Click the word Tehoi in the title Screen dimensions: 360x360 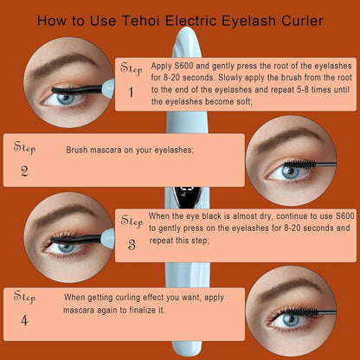pos(140,21)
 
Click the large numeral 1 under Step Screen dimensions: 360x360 pos(131,93)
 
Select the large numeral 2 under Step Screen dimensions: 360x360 pos(24,171)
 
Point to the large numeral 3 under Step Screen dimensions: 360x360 pos(132,245)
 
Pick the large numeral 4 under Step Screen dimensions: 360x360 pos(24,320)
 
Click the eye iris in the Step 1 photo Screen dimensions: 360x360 pos(66,99)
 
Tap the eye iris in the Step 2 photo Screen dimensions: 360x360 pos(290,172)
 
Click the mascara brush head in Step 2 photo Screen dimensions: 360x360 pos(300,164)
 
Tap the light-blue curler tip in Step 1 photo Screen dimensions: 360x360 pos(107,88)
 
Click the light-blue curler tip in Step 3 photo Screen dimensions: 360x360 pos(108,238)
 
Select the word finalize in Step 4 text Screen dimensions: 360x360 pos(141,311)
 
